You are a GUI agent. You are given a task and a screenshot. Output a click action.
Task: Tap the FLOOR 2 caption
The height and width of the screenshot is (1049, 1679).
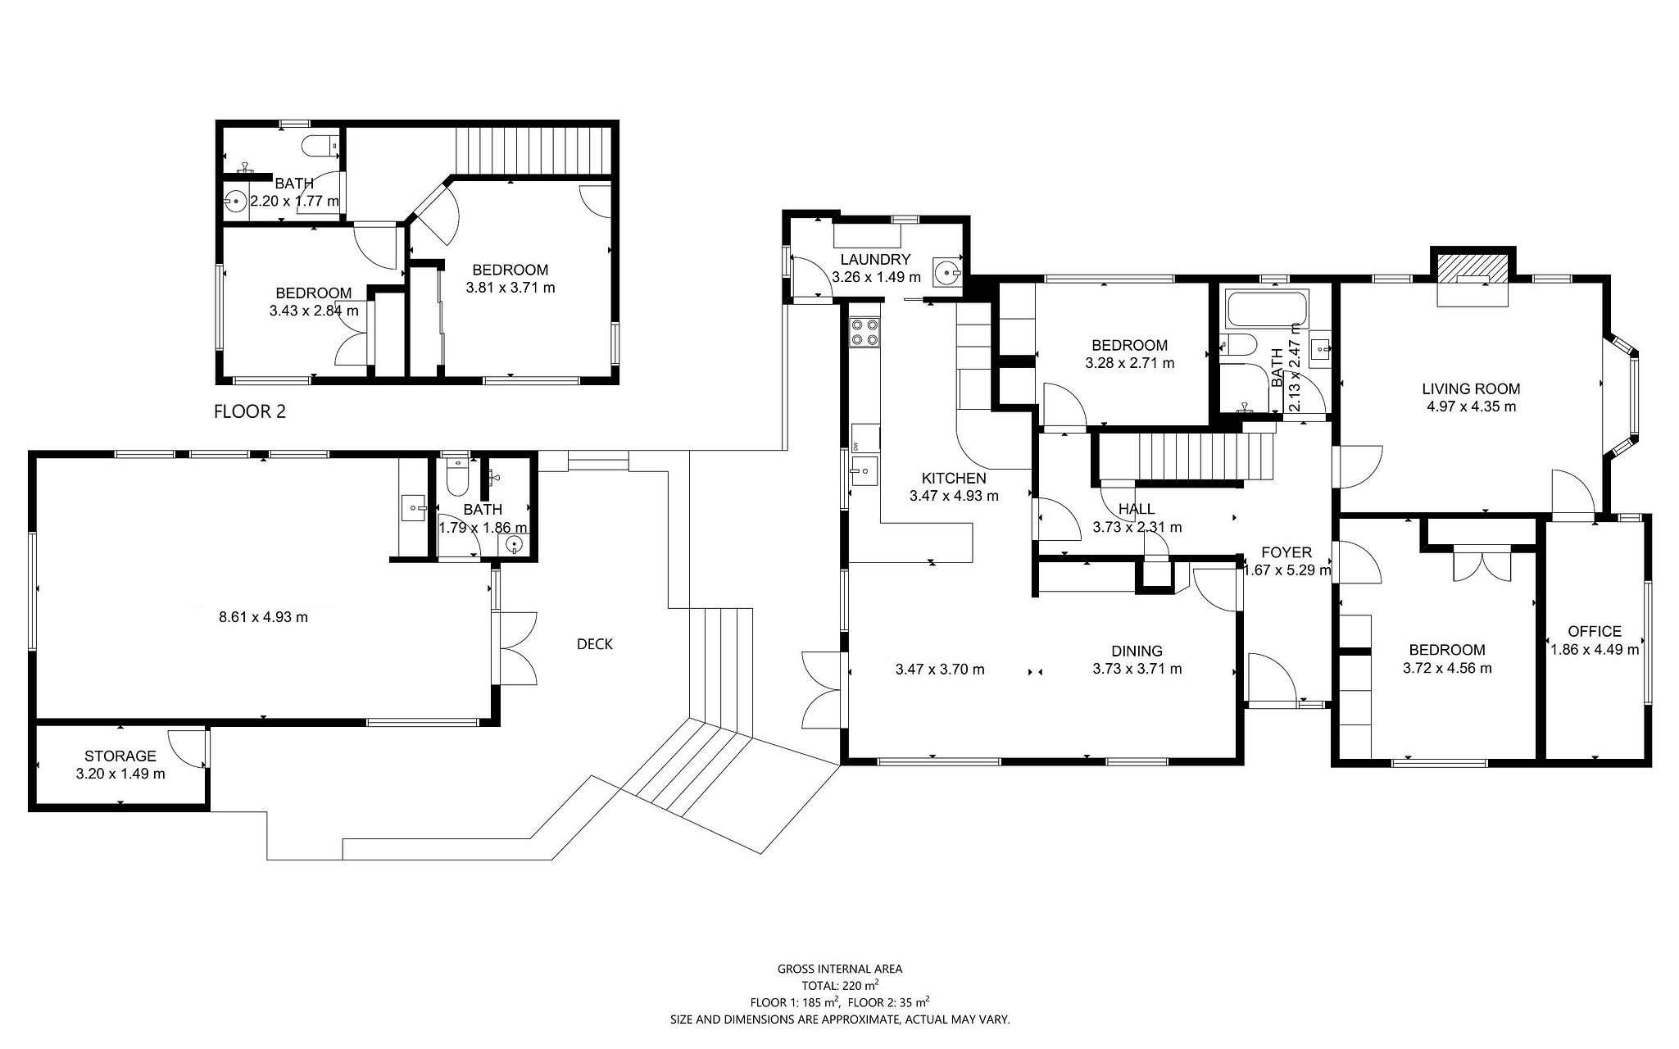click(250, 411)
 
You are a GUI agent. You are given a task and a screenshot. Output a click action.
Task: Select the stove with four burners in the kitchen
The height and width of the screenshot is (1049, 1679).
click(865, 332)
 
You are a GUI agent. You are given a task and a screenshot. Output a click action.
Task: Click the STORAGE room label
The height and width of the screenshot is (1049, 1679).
click(120, 756)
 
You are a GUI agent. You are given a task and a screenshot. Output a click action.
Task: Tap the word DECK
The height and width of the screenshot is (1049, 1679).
click(595, 644)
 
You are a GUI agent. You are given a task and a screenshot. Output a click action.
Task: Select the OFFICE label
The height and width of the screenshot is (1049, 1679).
click(1595, 631)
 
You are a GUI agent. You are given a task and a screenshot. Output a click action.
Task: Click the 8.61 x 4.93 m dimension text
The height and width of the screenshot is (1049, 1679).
click(264, 617)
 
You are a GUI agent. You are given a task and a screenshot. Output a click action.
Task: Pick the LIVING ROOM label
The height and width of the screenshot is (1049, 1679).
click(1471, 389)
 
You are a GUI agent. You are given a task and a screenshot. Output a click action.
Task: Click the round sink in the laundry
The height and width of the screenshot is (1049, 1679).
click(948, 270)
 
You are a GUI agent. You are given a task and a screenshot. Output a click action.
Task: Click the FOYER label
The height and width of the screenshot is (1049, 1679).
click(1286, 552)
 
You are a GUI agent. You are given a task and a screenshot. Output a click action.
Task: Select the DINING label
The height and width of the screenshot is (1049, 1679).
click(1137, 652)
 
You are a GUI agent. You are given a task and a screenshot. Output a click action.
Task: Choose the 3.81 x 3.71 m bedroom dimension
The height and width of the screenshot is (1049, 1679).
click(511, 288)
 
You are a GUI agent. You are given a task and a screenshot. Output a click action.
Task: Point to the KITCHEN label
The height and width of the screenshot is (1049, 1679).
click(954, 479)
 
